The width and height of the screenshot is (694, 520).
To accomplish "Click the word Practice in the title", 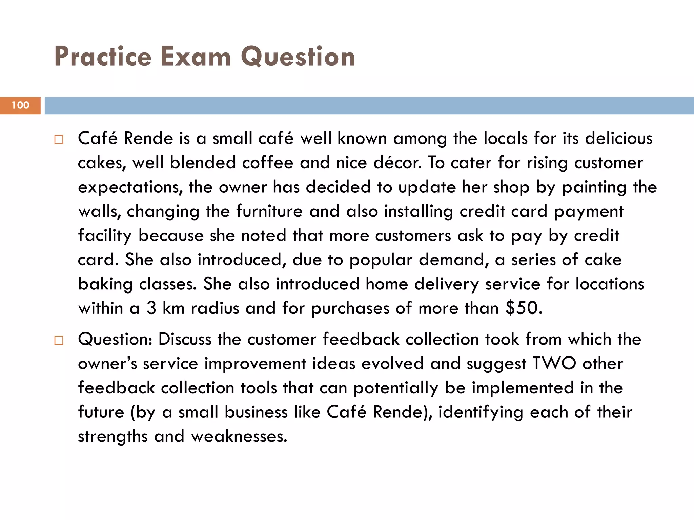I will click(x=103, y=57).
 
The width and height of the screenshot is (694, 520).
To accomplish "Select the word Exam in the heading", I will click(x=196, y=57).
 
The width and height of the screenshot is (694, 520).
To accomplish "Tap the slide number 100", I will click(x=20, y=105).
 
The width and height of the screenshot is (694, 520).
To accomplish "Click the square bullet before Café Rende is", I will click(x=59, y=139).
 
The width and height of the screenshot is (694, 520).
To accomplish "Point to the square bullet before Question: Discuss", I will click(x=59, y=340).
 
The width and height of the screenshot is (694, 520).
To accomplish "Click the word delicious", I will click(x=618, y=138).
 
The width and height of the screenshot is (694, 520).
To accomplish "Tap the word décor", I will click(x=397, y=163).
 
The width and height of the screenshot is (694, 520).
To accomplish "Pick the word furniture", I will click(x=269, y=211).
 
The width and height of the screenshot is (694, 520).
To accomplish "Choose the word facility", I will click(x=105, y=236).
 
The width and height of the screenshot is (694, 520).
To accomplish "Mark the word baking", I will click(x=105, y=284).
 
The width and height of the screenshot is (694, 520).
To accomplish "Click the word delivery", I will click(x=446, y=284).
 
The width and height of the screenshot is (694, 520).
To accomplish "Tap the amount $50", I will click(x=524, y=308).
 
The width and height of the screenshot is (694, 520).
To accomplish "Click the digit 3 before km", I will click(x=151, y=308).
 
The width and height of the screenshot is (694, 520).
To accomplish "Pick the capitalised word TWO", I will click(x=554, y=364).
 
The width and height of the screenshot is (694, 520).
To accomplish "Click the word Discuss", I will click(x=185, y=339).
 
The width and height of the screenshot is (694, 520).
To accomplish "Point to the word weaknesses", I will click(x=239, y=436).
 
